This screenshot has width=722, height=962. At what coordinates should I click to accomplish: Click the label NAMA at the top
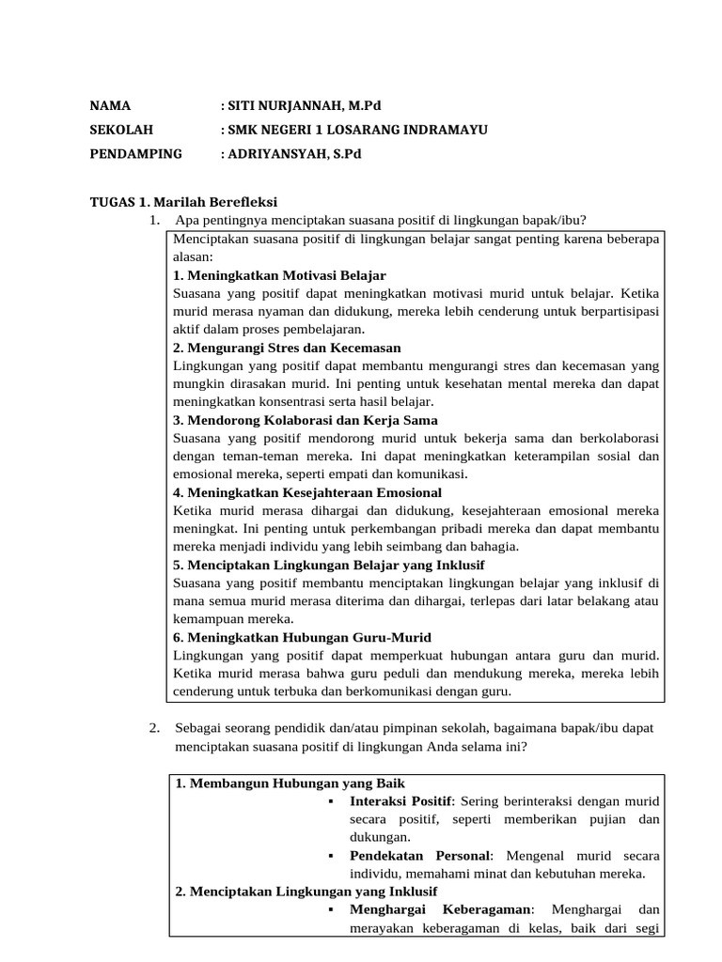coord(110,105)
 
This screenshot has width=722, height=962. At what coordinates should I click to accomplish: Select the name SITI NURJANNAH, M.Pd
coord(306,105)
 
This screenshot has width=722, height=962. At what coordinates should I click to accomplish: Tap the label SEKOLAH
coord(120,130)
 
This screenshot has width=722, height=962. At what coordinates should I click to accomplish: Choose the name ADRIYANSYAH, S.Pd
coord(295,154)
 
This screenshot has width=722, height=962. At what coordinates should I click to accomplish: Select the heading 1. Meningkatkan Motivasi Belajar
coord(280,275)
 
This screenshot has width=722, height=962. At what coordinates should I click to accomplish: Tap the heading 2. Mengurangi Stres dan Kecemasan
coord(288,348)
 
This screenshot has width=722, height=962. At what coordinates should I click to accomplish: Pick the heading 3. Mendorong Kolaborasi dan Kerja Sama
coord(306,420)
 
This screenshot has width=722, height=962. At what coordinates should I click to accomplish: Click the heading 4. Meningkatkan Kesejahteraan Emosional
coord(307,492)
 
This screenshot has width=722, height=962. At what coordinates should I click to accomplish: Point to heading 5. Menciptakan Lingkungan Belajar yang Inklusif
coord(329,566)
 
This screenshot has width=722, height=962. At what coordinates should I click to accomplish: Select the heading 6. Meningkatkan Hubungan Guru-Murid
coord(303,638)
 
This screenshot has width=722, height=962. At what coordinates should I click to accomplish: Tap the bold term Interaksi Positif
coord(400,801)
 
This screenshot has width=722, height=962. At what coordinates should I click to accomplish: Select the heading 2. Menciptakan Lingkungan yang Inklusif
coord(306,892)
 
